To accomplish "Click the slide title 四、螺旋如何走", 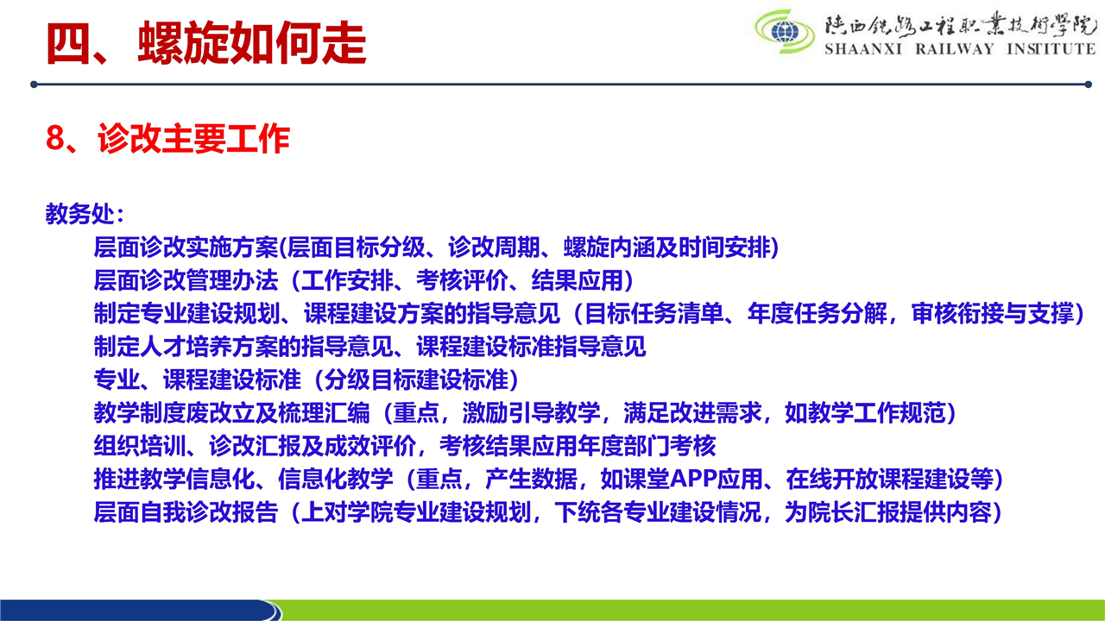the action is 206,43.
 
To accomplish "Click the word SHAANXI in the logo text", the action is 863,49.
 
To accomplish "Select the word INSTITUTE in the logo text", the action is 1051,49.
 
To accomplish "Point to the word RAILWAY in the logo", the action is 955,49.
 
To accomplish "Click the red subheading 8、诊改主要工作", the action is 167,139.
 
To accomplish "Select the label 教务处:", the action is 85,214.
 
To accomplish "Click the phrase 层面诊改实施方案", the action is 186,248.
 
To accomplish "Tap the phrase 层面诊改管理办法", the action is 186,280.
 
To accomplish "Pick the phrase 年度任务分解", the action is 817,313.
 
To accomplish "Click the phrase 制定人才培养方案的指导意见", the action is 243,347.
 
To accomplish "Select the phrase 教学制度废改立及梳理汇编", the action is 232,412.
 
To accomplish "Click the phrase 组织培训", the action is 140,446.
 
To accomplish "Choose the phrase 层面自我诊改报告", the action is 186,512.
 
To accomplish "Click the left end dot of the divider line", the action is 34,85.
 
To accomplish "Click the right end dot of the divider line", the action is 1089,85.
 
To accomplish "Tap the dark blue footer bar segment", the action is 138,610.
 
